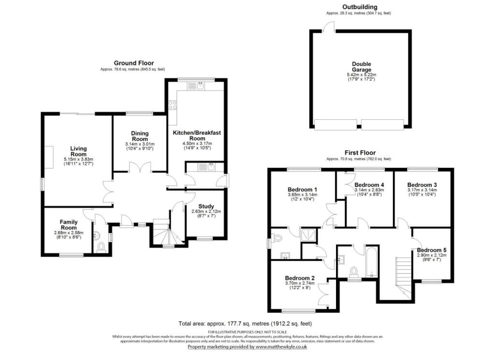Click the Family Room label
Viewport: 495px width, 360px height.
[x=69, y=224]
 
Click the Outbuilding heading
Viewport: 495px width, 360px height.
[x=360, y=7]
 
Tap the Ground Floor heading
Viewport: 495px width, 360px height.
[x=134, y=63]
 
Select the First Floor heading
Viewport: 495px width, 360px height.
[x=360, y=152]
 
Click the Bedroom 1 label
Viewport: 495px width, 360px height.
[x=302, y=189]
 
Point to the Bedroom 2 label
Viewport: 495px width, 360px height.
[x=300, y=278]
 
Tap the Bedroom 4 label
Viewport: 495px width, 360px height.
[x=369, y=185]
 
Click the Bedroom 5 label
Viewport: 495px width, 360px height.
[x=431, y=250]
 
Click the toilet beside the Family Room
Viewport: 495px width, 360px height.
[x=101, y=248]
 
